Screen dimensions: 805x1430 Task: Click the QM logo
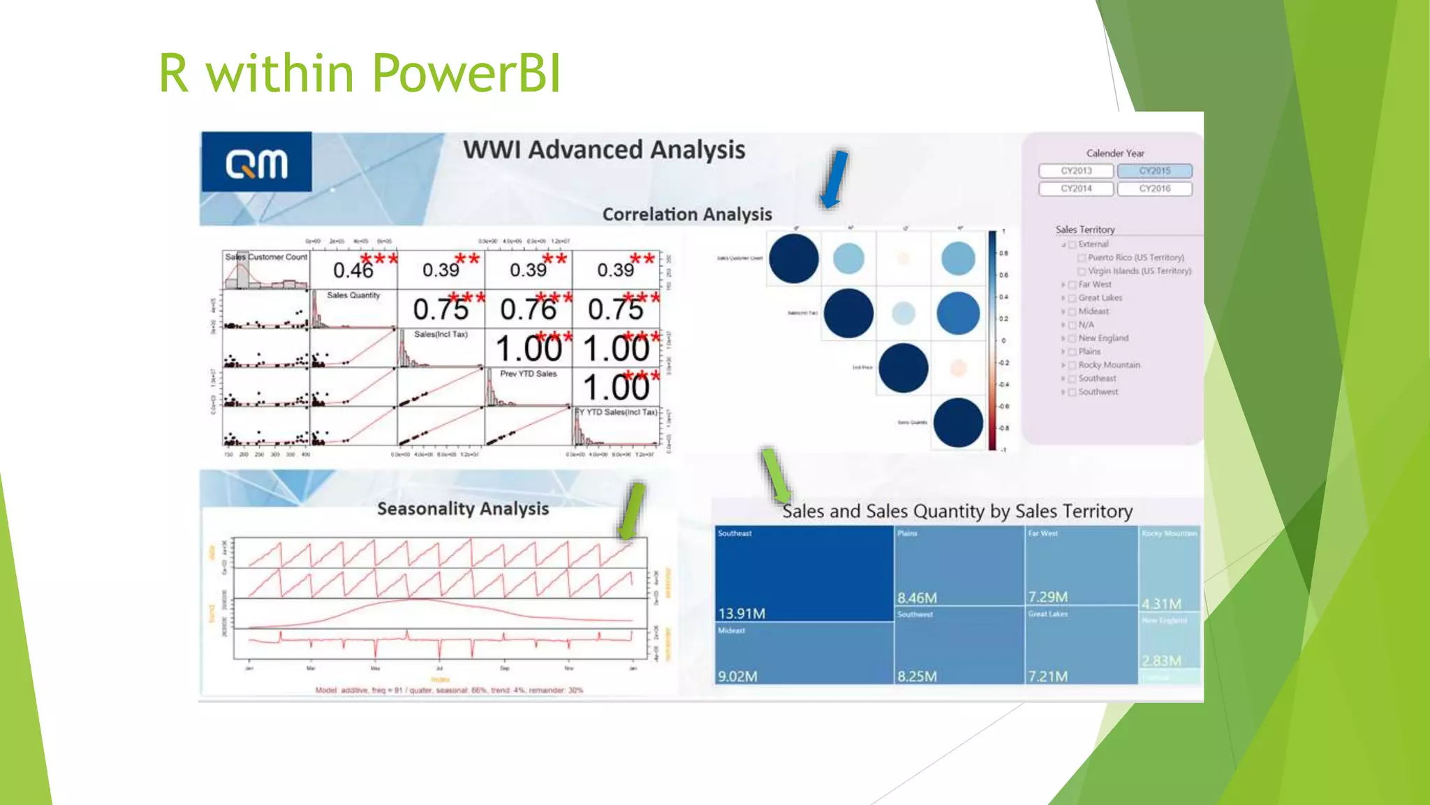[256, 162]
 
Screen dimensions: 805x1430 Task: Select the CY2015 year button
[1154, 171]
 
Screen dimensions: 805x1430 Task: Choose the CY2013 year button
[1076, 171]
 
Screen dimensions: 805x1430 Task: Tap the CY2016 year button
[1154, 189]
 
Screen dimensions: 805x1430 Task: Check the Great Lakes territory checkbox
[1072, 298]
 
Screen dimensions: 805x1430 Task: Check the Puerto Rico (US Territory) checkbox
[1082, 258]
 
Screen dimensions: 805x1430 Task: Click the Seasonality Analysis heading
[463, 509]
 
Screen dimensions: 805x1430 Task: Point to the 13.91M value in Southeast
[742, 614]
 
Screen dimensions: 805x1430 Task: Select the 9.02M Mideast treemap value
[737, 676]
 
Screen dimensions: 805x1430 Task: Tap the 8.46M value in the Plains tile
[917, 598]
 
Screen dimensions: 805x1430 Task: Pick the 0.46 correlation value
[353, 270]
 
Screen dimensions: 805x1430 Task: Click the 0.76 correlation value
[528, 310]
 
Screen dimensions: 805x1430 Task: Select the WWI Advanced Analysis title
[604, 150]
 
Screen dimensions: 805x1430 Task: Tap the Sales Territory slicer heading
[1084, 229]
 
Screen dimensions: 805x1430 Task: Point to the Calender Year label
[1115, 153]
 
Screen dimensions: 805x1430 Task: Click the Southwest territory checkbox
[1072, 393]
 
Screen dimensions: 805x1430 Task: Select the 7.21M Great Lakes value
[1047, 676]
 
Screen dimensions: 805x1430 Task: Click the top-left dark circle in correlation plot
[793, 259]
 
